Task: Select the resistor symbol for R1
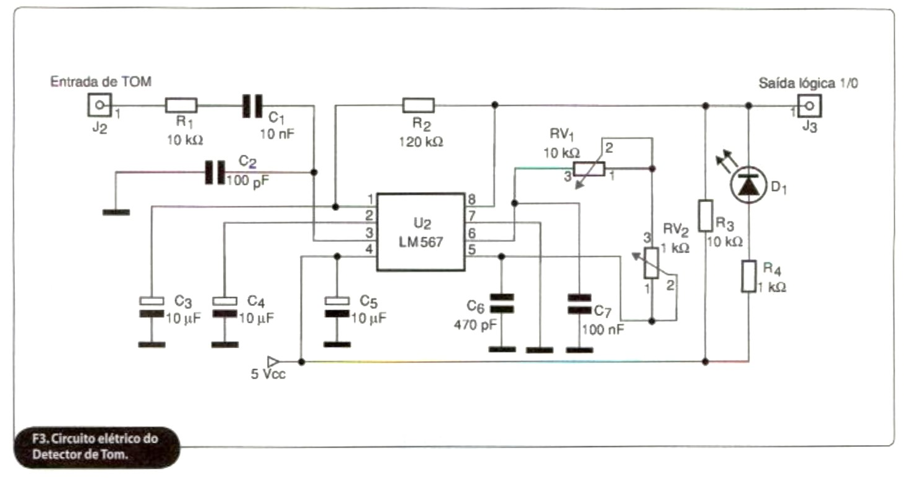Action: coord(181,105)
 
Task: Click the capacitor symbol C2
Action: coord(215,172)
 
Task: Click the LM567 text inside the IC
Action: coord(421,242)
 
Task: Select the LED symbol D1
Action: coord(748,185)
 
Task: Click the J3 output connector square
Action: coord(809,106)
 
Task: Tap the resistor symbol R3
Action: coord(705,216)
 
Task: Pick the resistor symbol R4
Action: coord(748,277)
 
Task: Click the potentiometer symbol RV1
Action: coord(589,169)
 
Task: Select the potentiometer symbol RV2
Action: coord(652,263)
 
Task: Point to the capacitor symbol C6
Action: coord(502,303)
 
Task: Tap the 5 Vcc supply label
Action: coord(268,374)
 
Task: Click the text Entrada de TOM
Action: coord(101,81)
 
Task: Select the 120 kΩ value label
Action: coord(421,142)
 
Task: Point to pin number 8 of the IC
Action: coord(472,199)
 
